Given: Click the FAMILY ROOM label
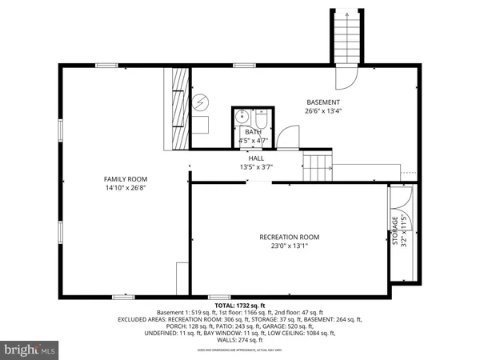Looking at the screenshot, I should pos(126,179).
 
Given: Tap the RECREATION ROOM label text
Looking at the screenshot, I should pos(289,237).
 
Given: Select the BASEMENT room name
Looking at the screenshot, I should pos(324,102).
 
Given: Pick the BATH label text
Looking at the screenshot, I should pos(253,132).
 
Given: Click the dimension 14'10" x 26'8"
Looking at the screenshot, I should pos(126,188).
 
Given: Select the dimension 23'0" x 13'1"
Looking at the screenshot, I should pos(289,246).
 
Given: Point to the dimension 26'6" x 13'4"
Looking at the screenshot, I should pos(324,112).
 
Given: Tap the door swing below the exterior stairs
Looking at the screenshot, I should pos(345,78).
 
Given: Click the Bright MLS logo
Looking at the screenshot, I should pos(30,350).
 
